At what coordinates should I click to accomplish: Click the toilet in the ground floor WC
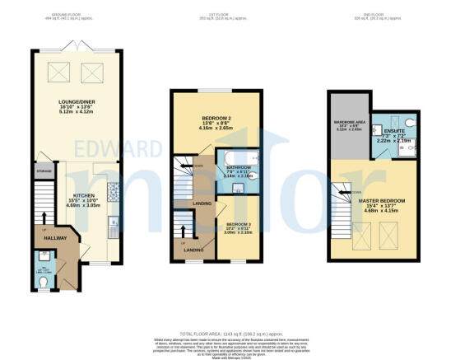pyautogui.click(x=44, y=279)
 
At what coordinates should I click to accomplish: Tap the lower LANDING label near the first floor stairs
pyautogui.click(x=194, y=250)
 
